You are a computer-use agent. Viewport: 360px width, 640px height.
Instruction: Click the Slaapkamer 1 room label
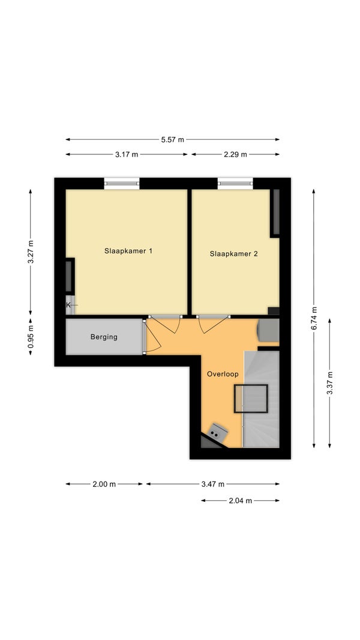128,251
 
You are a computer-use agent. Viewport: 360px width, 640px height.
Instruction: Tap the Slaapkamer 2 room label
233,253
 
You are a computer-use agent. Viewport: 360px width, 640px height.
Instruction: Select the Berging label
104,337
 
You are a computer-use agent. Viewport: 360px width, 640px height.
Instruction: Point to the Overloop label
223,374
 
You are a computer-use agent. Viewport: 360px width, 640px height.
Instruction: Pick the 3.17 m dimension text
127,154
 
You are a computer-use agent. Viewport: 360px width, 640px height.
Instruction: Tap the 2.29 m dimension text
235,154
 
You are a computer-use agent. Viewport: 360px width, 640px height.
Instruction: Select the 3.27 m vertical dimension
31,252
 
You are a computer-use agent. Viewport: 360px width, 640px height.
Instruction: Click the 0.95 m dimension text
31,337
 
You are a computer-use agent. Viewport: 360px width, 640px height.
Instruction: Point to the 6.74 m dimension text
314,318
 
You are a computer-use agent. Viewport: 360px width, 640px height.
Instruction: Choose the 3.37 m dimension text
330,382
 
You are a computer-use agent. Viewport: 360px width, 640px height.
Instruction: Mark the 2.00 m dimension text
104,484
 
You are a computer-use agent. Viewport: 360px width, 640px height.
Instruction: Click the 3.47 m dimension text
213,484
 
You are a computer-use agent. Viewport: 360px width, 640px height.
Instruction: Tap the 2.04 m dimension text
241,501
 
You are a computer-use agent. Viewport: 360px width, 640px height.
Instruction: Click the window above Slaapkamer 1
121,183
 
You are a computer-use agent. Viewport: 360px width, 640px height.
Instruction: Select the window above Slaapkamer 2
235,183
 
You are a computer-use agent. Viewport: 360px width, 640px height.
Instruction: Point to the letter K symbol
68,305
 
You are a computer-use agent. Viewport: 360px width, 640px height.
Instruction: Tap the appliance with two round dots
218,432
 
